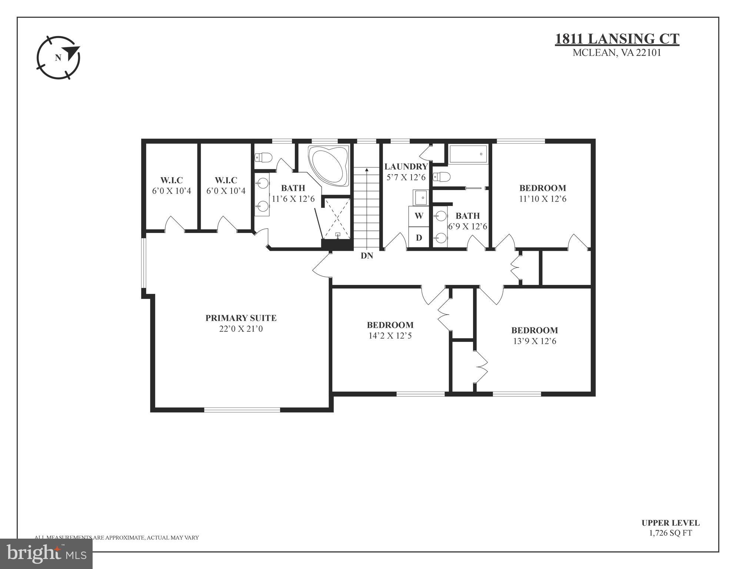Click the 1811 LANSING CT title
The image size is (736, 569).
[x=617, y=39]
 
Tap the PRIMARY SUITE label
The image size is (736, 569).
[x=241, y=318]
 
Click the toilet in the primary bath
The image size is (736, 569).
[x=263, y=157]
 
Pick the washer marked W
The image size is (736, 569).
[x=419, y=216]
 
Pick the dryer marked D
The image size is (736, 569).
[x=419, y=237]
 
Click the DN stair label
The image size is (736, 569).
[x=367, y=256]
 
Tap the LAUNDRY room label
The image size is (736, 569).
[x=406, y=167]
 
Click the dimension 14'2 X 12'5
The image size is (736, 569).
[x=390, y=336]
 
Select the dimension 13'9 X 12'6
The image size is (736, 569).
[x=534, y=341]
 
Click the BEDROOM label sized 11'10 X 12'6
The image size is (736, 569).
[x=542, y=188]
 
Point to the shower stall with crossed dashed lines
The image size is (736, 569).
[x=337, y=219]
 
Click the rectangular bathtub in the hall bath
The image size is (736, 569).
[x=468, y=154]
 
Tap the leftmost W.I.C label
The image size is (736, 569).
[x=171, y=180]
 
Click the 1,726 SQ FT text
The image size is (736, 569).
[x=670, y=533]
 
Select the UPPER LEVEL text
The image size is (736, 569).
[x=670, y=523]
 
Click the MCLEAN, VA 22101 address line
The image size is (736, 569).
[x=617, y=53]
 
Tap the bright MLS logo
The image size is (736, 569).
[x=46, y=553]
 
